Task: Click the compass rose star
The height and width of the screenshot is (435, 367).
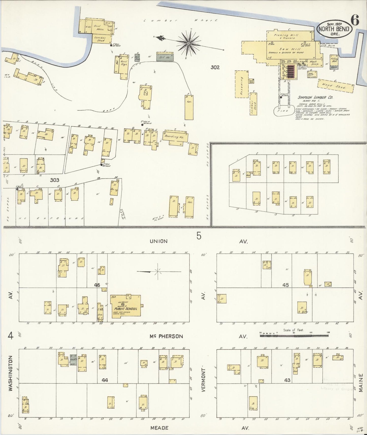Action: tap(188, 44)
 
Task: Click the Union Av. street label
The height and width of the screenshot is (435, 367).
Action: tap(158, 241)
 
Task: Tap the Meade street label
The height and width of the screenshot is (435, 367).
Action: tap(159, 428)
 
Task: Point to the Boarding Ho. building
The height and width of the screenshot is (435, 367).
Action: tap(175, 137)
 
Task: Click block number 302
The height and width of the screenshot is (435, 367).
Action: tap(215, 68)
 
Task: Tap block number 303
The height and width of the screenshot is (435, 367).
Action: tap(55, 180)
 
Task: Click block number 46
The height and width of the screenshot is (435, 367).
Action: tap(97, 285)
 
